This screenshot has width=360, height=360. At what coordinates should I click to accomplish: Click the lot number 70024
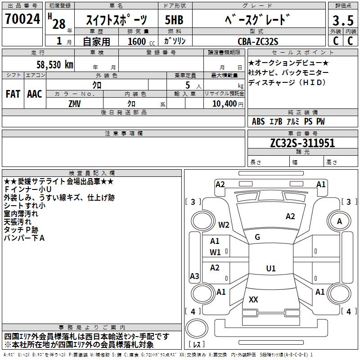(22, 20)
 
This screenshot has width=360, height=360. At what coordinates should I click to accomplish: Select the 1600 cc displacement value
(138, 41)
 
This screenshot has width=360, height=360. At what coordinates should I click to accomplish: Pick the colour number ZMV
(74, 103)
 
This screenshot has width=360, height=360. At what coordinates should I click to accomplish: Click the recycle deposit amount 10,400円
(223, 103)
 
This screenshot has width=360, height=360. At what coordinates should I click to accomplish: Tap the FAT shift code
(13, 94)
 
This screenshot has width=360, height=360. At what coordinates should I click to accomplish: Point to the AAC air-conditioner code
(35, 94)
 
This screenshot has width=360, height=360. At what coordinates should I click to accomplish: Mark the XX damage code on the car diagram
(253, 299)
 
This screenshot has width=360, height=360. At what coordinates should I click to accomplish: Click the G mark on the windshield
(257, 237)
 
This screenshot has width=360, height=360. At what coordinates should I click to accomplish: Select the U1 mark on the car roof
(270, 269)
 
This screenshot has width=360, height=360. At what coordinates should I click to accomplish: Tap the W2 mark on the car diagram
(224, 225)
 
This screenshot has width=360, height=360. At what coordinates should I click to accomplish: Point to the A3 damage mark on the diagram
(194, 276)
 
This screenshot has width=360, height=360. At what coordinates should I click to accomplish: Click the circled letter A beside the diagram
(339, 221)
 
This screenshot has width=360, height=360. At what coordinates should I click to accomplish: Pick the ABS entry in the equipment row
(258, 121)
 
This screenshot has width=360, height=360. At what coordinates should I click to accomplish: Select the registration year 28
(58, 24)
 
